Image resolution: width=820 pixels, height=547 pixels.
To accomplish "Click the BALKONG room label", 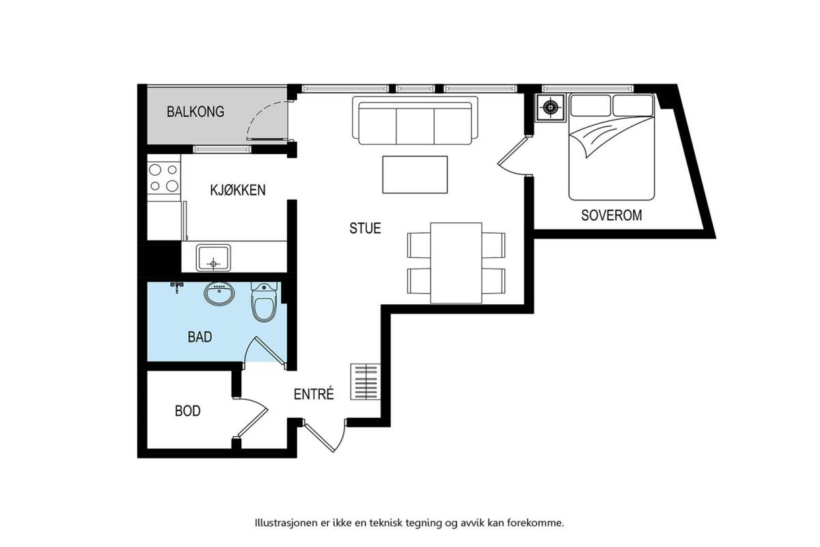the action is point(195,111).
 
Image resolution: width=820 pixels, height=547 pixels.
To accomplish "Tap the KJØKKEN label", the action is point(238,190).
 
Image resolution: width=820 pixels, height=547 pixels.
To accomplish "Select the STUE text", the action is point(365,228).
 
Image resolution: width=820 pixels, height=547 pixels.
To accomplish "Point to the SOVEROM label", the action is point(612,215).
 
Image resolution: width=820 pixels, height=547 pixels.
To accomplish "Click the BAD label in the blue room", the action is point(200,336).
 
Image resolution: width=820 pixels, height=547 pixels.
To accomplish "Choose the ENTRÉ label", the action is point(314,394).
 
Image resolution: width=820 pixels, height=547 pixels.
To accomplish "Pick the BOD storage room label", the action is point(188,411).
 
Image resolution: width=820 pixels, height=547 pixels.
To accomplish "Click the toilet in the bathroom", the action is point(264,302).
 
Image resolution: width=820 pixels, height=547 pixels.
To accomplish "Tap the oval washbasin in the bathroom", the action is point(219,293).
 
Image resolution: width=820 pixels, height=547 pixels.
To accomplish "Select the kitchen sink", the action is point(213,258).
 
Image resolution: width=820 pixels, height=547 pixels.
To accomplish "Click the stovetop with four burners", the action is point(163,178).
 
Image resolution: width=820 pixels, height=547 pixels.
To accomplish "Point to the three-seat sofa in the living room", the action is point(415,120).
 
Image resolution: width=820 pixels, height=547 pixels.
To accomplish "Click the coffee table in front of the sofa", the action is point(415,174).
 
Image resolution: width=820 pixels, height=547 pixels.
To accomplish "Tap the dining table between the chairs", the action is point(456,263).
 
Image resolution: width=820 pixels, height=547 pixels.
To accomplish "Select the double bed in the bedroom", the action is point(612,147).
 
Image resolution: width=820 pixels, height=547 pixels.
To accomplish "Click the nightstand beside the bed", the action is point(550,107).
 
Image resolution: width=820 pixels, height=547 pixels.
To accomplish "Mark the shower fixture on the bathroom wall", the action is point(177,286).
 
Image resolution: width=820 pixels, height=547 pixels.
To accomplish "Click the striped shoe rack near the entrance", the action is point(366,382).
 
